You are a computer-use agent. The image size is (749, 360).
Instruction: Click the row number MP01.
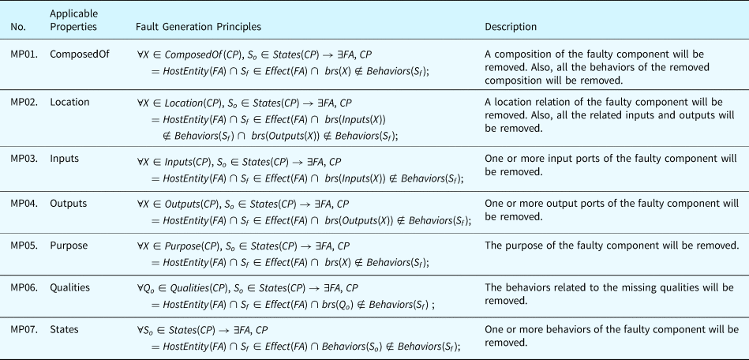click(22, 54)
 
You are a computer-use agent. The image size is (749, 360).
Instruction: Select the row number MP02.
click(22, 102)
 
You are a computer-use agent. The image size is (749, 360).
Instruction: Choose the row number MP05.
click(22, 246)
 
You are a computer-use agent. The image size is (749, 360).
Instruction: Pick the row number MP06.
click(22, 287)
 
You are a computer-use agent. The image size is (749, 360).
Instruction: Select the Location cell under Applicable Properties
click(70, 102)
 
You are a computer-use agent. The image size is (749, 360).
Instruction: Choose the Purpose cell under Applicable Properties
click(69, 246)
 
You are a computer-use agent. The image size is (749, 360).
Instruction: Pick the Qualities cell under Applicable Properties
click(71, 287)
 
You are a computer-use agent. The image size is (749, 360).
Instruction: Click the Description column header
click(511, 27)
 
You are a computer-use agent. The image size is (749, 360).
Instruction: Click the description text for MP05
click(612, 246)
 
